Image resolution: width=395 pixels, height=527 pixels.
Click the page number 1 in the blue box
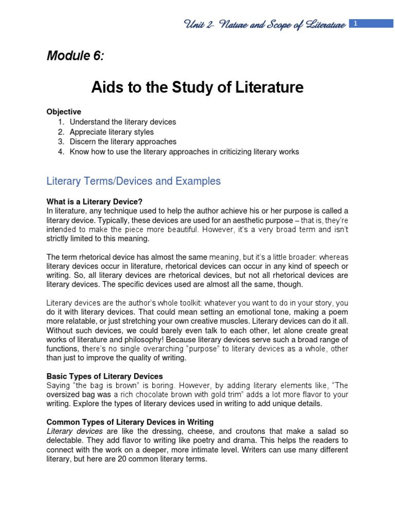pyautogui.click(x=355, y=22)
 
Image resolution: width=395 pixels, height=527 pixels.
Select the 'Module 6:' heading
pyautogui.click(x=75, y=56)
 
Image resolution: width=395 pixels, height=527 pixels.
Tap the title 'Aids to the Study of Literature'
pyautogui.click(x=197, y=88)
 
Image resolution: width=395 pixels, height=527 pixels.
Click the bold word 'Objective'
pyautogui.click(x=64, y=112)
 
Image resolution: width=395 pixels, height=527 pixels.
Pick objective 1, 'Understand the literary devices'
pyautogui.click(x=122, y=122)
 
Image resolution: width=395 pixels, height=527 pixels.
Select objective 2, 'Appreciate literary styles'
pyautogui.click(x=112, y=132)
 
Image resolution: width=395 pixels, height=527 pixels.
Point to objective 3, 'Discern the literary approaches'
pyautogui.click(x=123, y=142)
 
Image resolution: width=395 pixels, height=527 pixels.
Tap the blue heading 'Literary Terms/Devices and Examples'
pyautogui.click(x=133, y=181)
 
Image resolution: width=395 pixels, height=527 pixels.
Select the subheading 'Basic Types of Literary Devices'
pyautogui.click(x=104, y=376)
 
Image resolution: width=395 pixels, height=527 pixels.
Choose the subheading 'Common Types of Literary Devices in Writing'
pyautogui.click(x=130, y=421)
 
